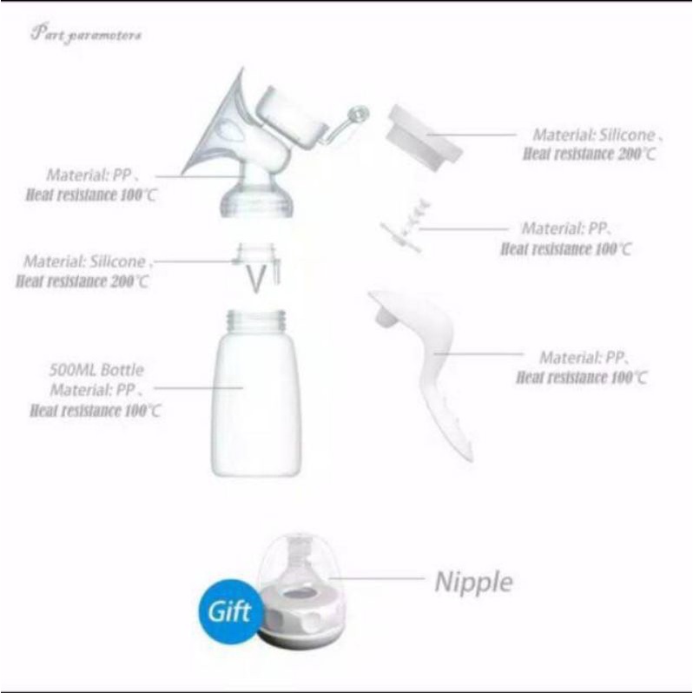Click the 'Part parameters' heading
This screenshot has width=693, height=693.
pos(86,36)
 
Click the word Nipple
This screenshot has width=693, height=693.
pos(473,581)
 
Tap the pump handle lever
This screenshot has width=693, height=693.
pos(430,365)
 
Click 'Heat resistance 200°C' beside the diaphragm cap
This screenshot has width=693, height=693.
pos(589,154)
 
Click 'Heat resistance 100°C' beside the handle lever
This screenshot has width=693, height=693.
pos(581,378)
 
